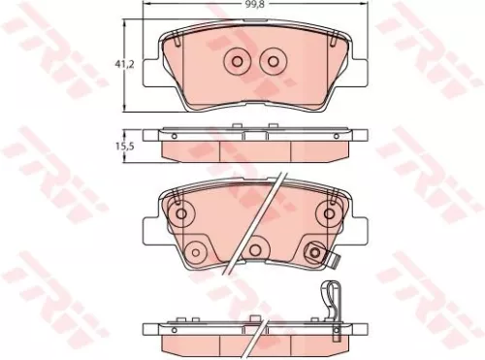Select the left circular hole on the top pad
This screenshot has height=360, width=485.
point(236,62)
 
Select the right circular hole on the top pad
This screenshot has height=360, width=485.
point(273,62)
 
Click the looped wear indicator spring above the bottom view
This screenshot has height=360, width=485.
point(332,297)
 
